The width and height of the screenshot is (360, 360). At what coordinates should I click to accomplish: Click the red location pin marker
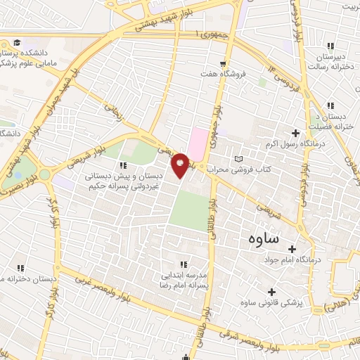coord(181,164)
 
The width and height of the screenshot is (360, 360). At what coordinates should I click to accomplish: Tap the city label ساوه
coord(264,238)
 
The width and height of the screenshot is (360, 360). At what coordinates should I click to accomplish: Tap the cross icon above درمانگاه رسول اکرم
coord(295,133)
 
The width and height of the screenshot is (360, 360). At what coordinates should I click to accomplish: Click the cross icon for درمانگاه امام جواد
coord(292,248)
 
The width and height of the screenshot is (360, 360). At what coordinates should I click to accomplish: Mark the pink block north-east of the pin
coord(199,143)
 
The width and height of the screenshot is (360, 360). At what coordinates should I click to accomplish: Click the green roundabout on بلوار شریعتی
coord(45,174)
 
